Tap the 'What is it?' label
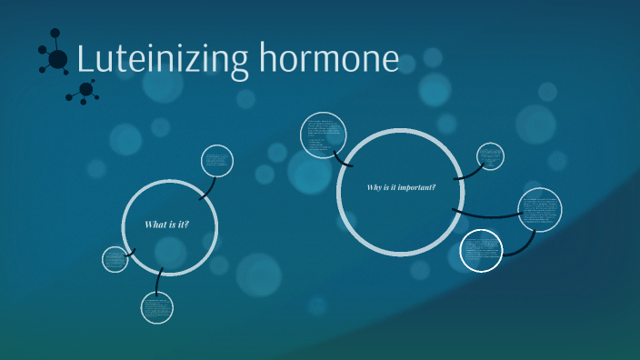[167, 224]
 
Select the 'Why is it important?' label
[401, 188]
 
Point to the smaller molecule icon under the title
[85, 90]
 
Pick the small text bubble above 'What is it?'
[217, 161]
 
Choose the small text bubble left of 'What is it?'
[115, 259]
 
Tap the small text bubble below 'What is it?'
[156, 307]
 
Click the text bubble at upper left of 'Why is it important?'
[324, 135]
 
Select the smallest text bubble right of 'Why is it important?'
[490, 156]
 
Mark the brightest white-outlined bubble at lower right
[481, 250]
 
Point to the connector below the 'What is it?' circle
[158, 281]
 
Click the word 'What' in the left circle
[154, 224]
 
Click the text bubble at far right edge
[539, 210]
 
